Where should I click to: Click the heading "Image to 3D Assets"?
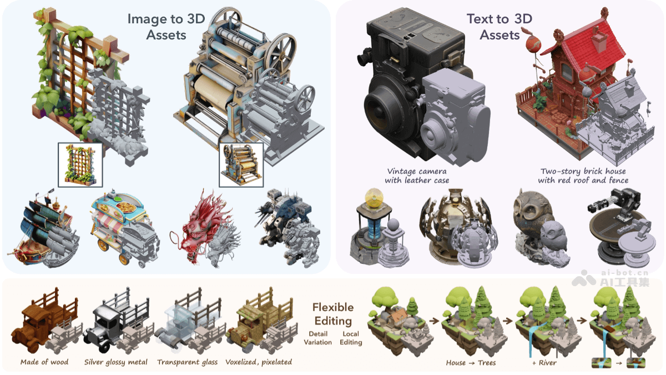166,27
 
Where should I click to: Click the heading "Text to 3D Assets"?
500,27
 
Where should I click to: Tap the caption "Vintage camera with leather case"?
417,176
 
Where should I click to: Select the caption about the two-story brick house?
583,176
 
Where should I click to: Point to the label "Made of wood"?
44,362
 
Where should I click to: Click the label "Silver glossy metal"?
115,362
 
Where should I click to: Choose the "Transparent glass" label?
188,362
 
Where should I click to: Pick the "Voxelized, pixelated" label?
259,362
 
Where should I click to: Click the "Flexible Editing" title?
333,314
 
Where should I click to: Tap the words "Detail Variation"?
318,338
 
